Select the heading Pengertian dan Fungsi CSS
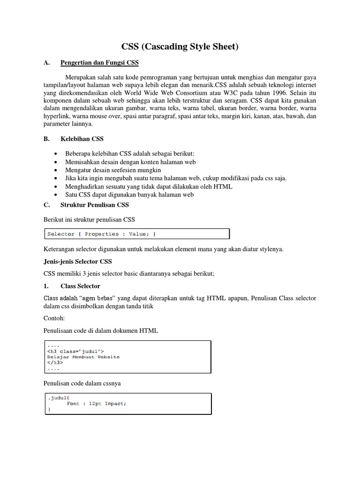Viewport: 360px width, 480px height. click(x=99, y=63)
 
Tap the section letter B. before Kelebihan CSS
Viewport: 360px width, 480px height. click(x=46, y=139)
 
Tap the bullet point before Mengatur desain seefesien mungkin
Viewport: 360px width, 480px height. click(x=56, y=170)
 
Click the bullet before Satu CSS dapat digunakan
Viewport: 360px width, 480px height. click(x=56, y=195)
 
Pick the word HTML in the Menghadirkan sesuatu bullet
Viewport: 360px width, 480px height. click(x=223, y=186)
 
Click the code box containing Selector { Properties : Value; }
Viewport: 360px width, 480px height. click(x=136, y=234)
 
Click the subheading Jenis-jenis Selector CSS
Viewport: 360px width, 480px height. click(x=78, y=262)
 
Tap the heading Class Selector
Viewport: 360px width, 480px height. click(x=80, y=286)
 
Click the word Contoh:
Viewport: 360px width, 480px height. click(x=54, y=318)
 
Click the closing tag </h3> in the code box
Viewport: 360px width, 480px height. click(x=55, y=362)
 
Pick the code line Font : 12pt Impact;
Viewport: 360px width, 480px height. click(x=97, y=404)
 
